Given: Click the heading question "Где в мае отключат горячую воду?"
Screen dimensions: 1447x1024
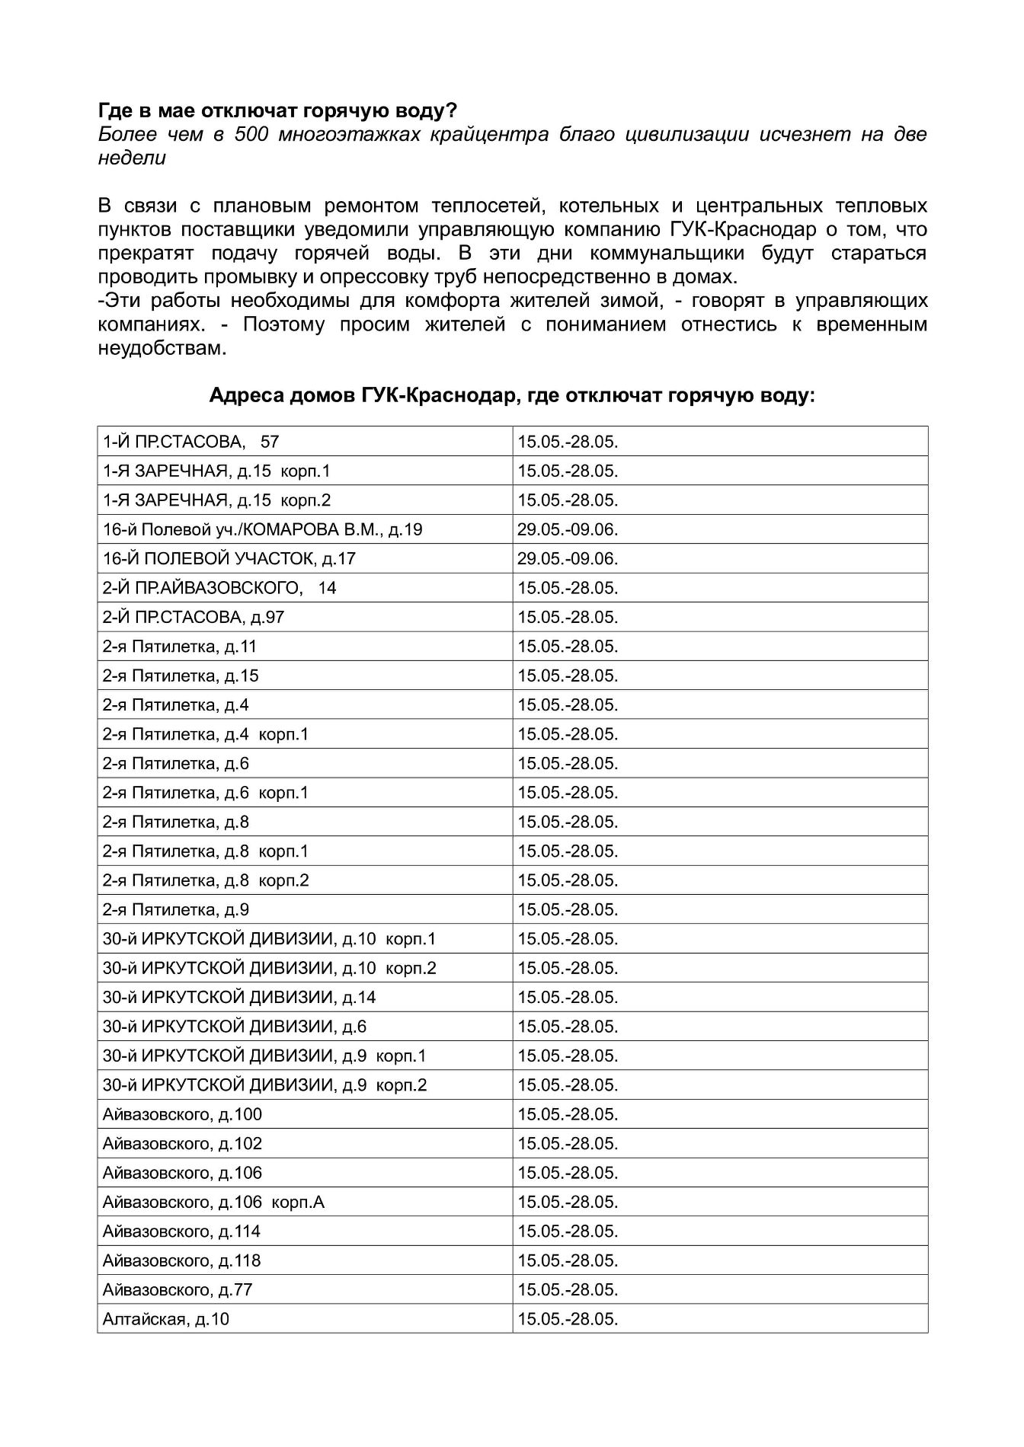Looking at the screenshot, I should (278, 111).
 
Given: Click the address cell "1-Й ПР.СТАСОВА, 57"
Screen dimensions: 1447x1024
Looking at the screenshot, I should (191, 442).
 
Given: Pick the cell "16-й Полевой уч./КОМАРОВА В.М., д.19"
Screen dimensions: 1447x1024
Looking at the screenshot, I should (263, 529).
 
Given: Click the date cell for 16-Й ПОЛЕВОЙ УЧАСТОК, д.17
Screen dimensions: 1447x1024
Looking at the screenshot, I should (568, 559).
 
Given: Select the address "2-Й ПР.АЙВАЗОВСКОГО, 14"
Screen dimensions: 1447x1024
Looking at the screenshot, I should (219, 588).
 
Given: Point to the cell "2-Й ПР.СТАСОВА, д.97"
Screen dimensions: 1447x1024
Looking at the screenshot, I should (194, 618).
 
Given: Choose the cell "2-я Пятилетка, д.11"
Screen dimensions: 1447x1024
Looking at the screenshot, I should (180, 647).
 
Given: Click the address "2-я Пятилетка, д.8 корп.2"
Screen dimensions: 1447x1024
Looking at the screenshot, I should (206, 880).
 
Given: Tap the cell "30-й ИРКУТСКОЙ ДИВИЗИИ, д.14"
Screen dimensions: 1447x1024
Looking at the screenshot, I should (239, 998).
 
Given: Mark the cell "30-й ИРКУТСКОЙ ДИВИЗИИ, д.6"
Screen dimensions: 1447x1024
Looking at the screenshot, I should (235, 1027).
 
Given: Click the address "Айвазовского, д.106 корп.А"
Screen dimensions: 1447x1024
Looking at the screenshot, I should (213, 1203).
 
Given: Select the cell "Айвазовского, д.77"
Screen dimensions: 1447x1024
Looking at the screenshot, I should (178, 1290).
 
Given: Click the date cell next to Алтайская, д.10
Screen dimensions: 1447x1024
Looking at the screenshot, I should (568, 1319).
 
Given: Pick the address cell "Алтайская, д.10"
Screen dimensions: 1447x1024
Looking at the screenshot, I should (166, 1319).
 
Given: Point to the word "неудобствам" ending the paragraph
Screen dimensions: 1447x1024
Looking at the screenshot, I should (162, 349).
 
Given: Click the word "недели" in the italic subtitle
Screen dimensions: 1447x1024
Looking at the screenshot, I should (132, 158).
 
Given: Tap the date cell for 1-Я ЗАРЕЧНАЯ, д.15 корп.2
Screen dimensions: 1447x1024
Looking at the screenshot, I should (568, 500).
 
